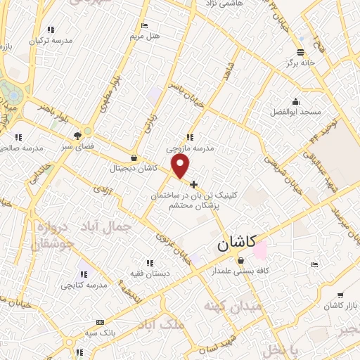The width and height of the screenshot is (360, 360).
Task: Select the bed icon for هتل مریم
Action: coord(144,25)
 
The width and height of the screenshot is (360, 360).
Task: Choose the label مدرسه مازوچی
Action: coord(188,148)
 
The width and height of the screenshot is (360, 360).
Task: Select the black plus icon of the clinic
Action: coord(194,184)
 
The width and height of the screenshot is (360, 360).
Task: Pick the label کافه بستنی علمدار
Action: coord(241,269)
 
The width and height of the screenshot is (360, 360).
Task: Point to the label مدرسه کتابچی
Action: coord(83,285)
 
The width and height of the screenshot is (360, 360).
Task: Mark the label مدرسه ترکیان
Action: coord(51,41)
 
